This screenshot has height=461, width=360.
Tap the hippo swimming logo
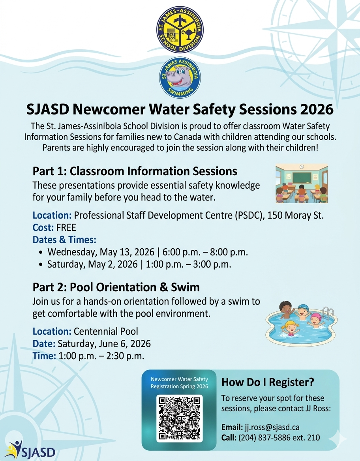[x=180, y=78]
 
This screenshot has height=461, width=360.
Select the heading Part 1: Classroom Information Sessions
[x=135, y=171]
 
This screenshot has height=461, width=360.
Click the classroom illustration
[x=302, y=184]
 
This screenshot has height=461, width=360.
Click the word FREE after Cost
[x=66, y=227]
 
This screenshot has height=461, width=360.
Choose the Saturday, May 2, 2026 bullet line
[x=139, y=264]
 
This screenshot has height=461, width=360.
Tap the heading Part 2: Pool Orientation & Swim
[x=116, y=287]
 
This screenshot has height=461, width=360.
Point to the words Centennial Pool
[x=106, y=331]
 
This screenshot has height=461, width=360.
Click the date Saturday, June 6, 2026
[x=104, y=343]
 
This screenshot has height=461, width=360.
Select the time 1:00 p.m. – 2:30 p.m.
[x=101, y=356]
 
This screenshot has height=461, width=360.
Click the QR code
[x=180, y=418]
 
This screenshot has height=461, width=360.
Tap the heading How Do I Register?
[x=268, y=382]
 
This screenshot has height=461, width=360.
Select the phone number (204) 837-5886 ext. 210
[x=279, y=437]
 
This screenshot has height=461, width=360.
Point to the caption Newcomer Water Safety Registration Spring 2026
[x=180, y=383]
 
